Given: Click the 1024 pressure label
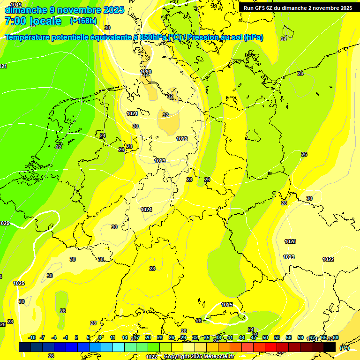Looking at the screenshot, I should click(x=146, y=210).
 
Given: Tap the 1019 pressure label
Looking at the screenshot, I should click(x=15, y=5).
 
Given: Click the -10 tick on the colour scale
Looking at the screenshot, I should click(x=32, y=337).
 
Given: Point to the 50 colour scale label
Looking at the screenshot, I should click(x=265, y=337).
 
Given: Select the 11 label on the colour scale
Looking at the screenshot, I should click(x=113, y=337).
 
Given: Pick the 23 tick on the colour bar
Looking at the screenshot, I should click(x=160, y=337).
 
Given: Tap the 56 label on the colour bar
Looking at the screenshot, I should click(x=289, y=337).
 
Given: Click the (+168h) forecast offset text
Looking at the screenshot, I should click(x=83, y=21).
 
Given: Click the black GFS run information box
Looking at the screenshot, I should click(x=298, y=7).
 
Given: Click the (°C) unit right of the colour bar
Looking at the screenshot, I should click(x=344, y=347).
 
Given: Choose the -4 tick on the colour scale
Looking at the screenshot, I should click(x=54, y=337).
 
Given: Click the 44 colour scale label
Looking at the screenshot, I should click(x=242, y=337).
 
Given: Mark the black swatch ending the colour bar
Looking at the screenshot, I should click(x=330, y=347).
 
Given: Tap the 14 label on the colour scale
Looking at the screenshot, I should click(x=125, y=337).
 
